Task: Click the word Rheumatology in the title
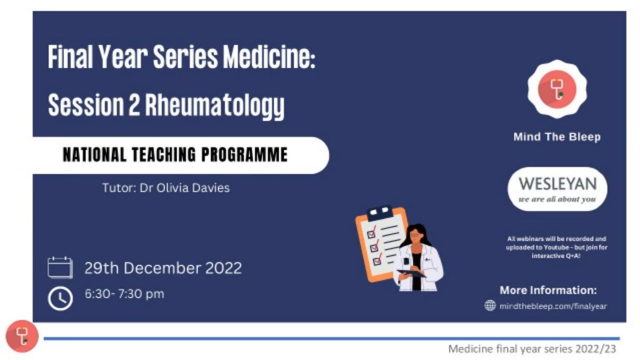[215, 106]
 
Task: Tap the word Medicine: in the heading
[269, 57]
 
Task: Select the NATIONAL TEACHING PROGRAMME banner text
[175, 155]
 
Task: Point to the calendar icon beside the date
[60, 267]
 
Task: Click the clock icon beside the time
[60, 298]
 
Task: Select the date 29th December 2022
[163, 268]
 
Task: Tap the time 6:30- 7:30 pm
[125, 294]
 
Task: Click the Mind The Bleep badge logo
[557, 89]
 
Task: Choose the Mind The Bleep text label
[557, 137]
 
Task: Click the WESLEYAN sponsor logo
[557, 189]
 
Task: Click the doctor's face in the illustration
[415, 236]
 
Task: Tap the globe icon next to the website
[490, 306]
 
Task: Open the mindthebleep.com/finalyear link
[553, 306]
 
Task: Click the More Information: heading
[548, 290]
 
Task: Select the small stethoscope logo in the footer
[22, 337]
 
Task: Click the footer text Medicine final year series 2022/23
[532, 349]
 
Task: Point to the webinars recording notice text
[557, 247]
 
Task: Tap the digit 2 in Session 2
[134, 105]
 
